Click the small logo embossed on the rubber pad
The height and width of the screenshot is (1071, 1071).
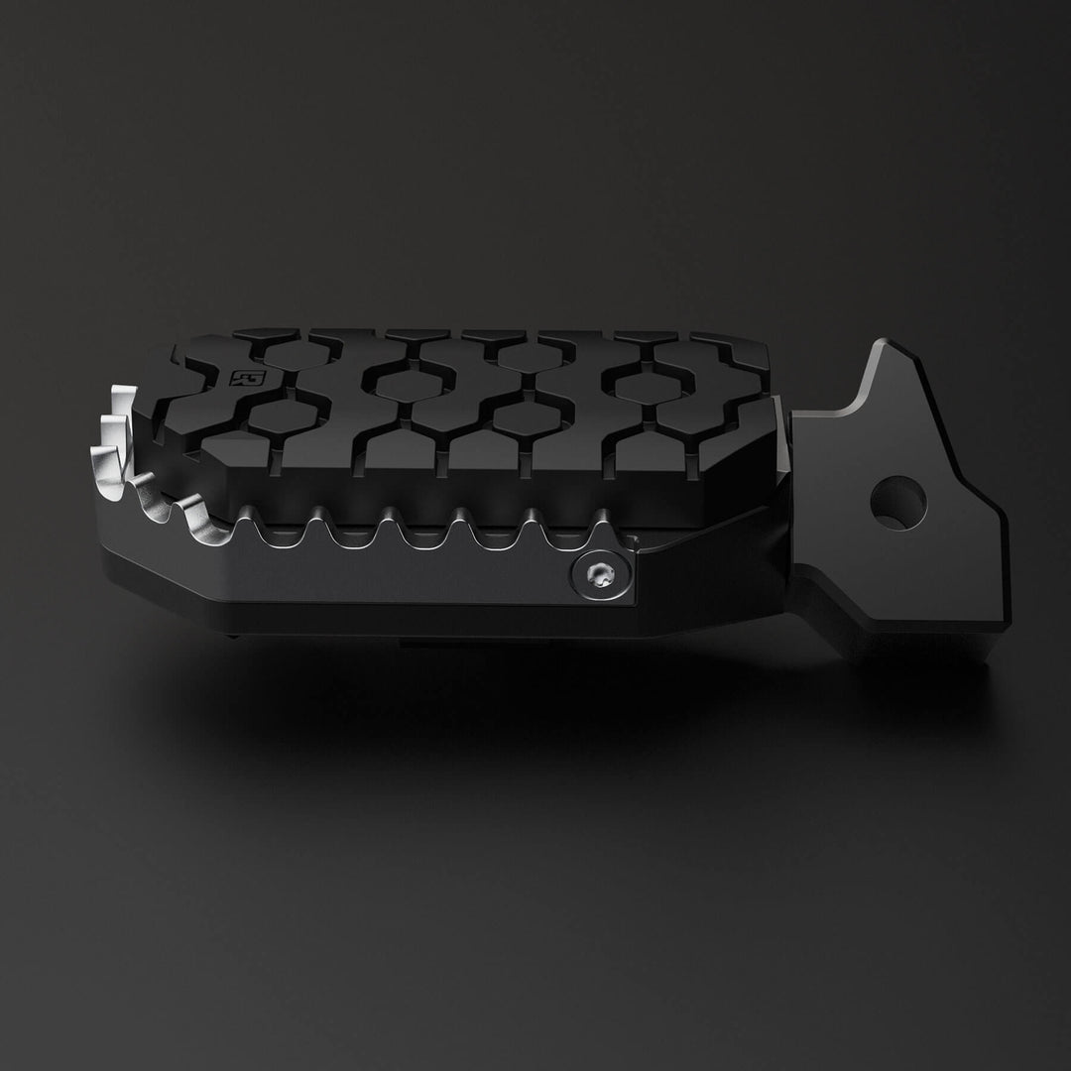click(x=241, y=378)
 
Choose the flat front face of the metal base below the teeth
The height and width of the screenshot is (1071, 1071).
click(x=397, y=585)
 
